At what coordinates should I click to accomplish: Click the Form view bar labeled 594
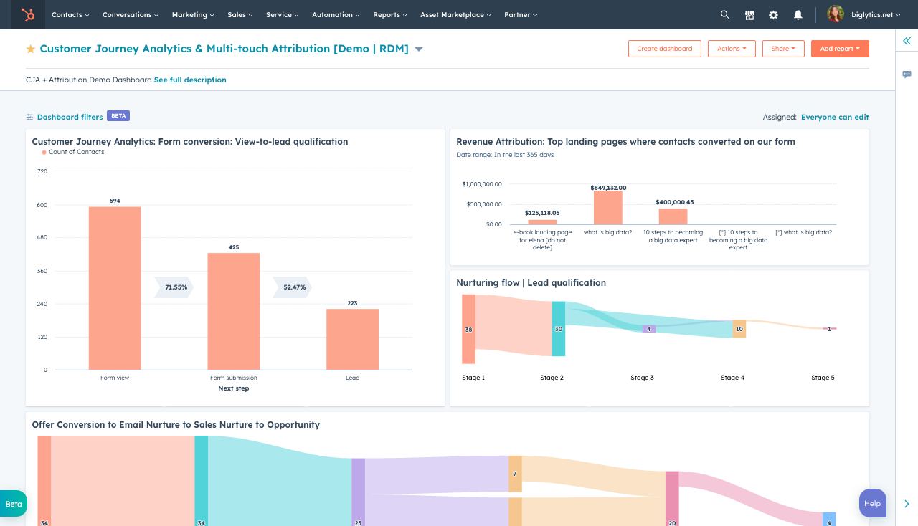[x=115, y=288]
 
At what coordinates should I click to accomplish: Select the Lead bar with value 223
[x=352, y=339]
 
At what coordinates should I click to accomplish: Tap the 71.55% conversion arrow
[x=174, y=287]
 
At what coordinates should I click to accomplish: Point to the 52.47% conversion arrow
[x=293, y=287]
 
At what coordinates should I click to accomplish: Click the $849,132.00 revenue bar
[x=607, y=208]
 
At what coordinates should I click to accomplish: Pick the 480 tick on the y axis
[x=42, y=238]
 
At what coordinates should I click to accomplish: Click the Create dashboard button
[x=664, y=49]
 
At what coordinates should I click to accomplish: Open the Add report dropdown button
[x=839, y=49]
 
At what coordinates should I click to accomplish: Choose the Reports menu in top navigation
[x=389, y=14]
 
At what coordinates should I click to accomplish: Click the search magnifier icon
[x=724, y=14]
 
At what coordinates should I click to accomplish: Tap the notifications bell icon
[x=798, y=14]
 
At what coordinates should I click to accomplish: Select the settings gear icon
[x=773, y=14]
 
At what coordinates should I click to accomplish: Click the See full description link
[x=190, y=80]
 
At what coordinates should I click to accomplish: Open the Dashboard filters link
[x=70, y=117]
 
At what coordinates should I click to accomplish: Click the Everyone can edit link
[x=835, y=117]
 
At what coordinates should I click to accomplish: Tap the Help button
[x=872, y=503]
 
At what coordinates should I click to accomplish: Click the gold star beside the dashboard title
[x=31, y=49]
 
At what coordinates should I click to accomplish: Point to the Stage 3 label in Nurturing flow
[x=641, y=378]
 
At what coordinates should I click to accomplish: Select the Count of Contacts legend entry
[x=76, y=152]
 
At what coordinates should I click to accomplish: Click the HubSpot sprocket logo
[x=27, y=14]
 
